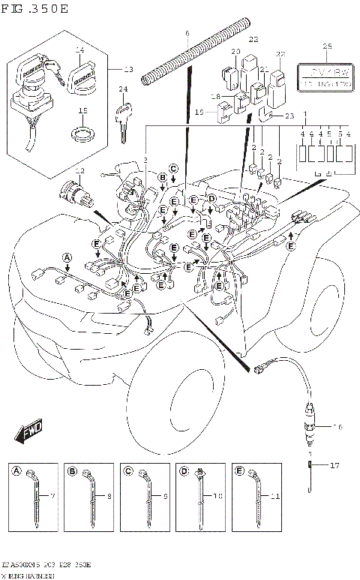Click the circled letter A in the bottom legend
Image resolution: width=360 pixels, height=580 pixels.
(x=16, y=472)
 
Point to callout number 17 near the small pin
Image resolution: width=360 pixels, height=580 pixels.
(x=334, y=466)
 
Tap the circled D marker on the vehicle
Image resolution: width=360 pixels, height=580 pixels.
(x=212, y=198)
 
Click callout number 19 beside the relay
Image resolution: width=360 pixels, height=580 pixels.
(x=200, y=112)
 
